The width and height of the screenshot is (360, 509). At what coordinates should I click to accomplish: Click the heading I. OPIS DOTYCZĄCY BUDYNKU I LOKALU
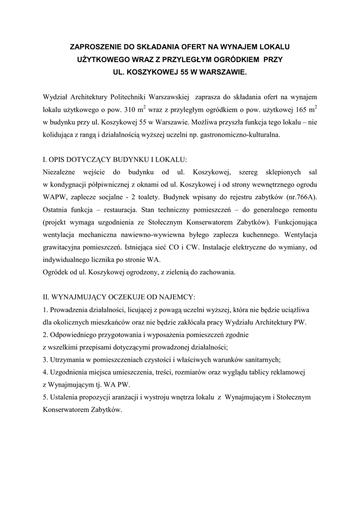[x=115, y=160]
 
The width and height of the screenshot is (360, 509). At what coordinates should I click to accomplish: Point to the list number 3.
[x=45, y=359]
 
